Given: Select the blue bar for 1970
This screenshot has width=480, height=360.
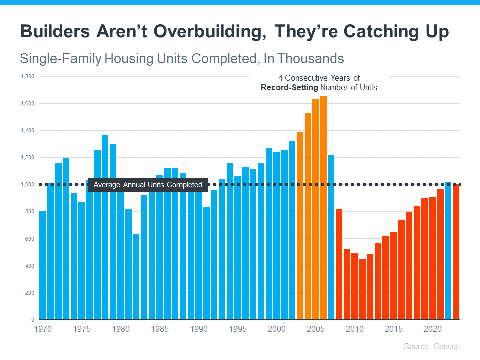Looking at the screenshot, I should (42, 265).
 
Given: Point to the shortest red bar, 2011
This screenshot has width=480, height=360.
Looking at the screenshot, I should (362, 289).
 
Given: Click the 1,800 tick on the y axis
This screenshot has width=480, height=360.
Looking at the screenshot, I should (27, 77).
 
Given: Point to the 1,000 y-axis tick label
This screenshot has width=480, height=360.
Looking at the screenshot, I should (27, 185).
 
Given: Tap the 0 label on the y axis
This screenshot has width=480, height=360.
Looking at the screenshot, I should (32, 320).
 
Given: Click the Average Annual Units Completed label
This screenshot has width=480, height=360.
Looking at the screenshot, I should (148, 185).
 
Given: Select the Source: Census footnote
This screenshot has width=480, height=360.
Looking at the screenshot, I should (431, 346).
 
